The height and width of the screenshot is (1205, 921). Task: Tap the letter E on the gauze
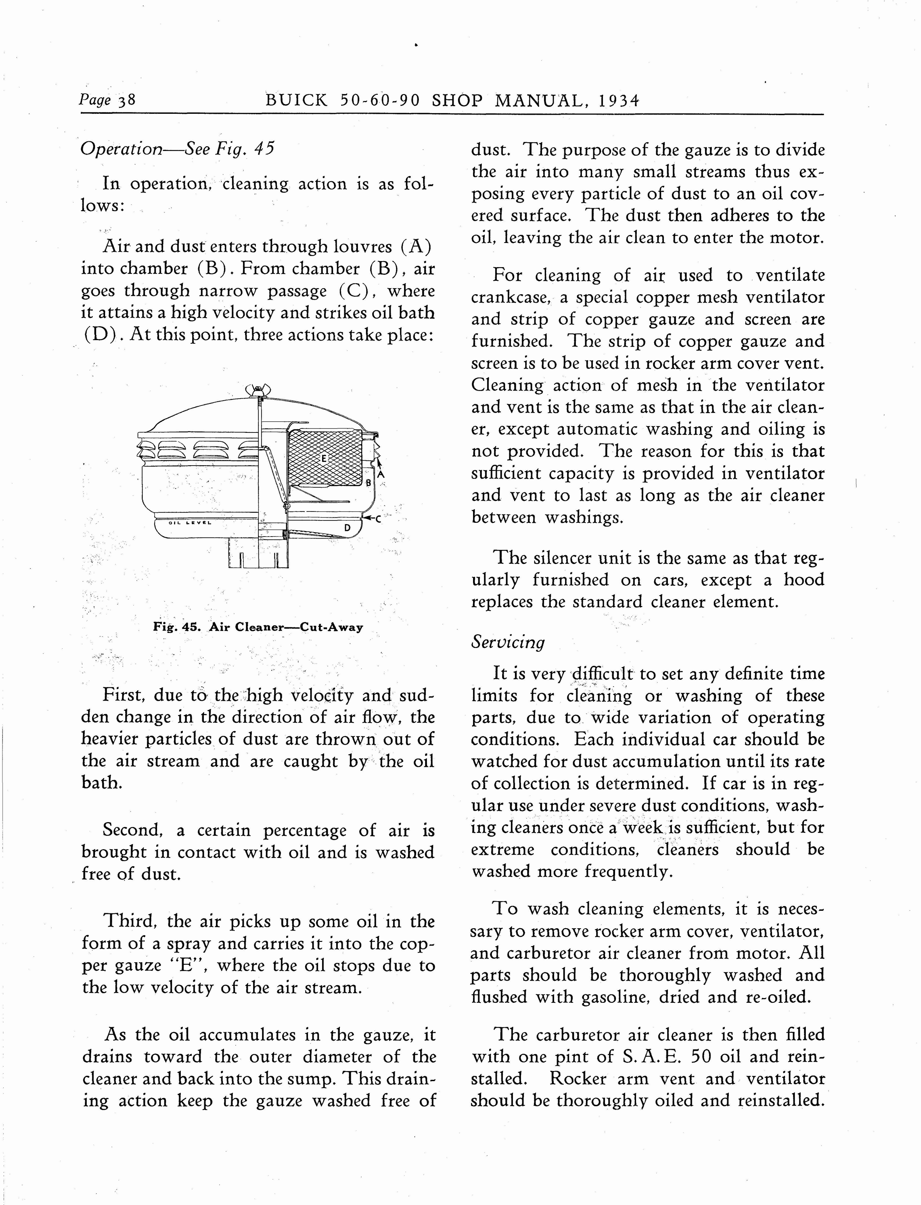[324, 458]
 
